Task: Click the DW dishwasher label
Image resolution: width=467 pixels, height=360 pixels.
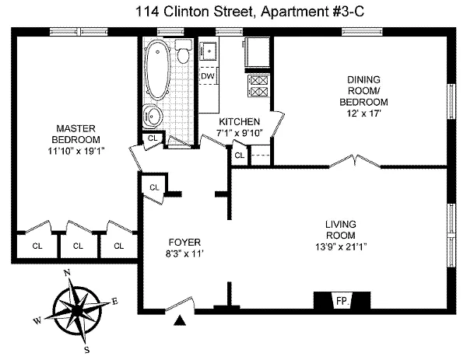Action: [x=207, y=76]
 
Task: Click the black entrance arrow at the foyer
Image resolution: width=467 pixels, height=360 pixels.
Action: [x=181, y=319]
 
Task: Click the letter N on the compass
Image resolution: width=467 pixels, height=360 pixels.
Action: [x=68, y=273]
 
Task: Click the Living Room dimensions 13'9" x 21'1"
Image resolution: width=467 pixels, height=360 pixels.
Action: [x=341, y=247]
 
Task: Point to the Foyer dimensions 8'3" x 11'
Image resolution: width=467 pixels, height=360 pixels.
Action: [x=184, y=253]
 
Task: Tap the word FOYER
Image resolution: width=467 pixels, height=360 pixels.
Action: [x=184, y=242]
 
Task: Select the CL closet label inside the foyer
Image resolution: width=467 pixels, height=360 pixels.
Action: [x=154, y=187]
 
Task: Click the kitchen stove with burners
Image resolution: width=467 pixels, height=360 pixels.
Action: [x=258, y=84]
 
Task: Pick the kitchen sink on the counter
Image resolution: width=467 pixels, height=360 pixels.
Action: [x=209, y=51]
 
